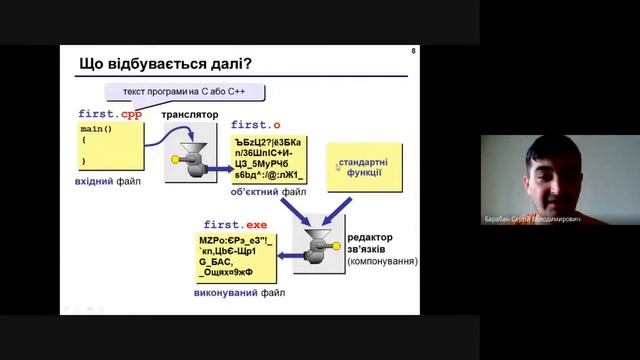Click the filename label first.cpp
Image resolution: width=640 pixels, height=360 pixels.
110,114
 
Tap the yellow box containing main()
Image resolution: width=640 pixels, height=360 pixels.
109,147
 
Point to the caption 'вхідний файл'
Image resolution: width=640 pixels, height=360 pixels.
108,182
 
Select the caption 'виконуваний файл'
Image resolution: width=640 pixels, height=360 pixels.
239,295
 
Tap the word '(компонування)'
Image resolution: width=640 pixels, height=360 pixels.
382,262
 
